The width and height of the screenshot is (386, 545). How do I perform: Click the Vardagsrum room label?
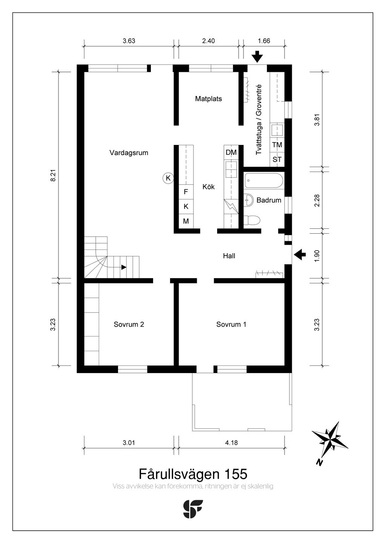click(x=129, y=153)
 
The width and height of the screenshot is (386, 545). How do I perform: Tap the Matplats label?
click(x=208, y=99)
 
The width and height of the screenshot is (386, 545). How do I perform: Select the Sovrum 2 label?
click(x=129, y=324)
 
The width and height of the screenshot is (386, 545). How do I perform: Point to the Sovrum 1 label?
click(x=231, y=324)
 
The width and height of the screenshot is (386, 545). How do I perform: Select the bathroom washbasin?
click(x=248, y=200)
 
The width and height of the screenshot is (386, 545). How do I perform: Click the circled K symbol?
click(x=168, y=178)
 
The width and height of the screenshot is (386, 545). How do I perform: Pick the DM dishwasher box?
click(x=231, y=152)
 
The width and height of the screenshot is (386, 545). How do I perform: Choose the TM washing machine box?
click(x=277, y=145)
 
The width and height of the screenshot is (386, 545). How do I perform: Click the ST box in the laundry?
click(x=277, y=159)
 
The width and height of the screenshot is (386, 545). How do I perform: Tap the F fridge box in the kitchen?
click(x=186, y=192)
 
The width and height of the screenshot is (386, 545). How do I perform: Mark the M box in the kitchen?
click(x=186, y=221)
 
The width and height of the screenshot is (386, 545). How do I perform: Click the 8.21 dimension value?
click(x=54, y=175)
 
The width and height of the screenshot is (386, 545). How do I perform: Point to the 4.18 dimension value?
click(x=231, y=443)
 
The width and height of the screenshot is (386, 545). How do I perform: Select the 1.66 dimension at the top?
click(x=264, y=41)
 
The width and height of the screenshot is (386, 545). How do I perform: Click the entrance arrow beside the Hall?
click(x=300, y=254)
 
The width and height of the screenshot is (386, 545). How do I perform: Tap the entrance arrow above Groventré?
click(x=257, y=57)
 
